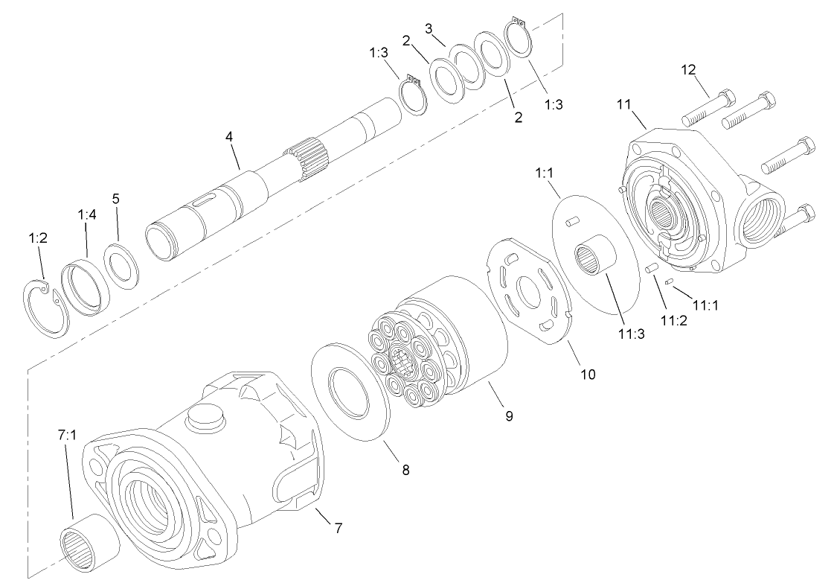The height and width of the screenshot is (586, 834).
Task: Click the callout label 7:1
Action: pos(67,433)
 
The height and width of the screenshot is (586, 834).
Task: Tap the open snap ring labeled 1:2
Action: pos(44,303)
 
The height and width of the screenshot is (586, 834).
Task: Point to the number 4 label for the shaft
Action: pos(230,137)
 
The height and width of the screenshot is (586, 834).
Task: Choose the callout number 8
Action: pos(405,470)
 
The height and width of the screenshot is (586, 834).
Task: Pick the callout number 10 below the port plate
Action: pos(588,374)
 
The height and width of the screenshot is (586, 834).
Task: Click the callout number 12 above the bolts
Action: pos(688,69)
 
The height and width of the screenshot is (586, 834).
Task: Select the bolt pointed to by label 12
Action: pos(707,108)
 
